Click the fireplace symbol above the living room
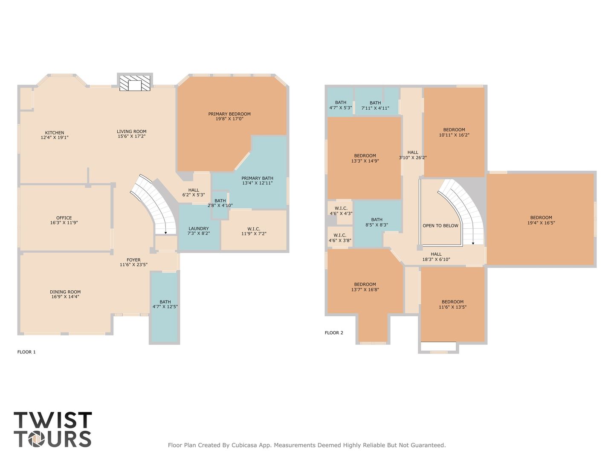[x=135, y=83]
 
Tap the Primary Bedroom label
[x=229, y=114]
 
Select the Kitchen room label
[x=55, y=133]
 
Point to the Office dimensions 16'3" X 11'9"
[x=64, y=223]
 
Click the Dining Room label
[x=65, y=292]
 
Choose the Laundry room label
[x=199, y=228]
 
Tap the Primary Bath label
[x=258, y=178]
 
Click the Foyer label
[x=133, y=260]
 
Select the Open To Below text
[x=440, y=226]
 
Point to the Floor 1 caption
[x=26, y=352]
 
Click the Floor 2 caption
[x=334, y=333]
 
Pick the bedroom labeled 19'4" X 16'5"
[x=541, y=220]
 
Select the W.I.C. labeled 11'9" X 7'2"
[x=254, y=231]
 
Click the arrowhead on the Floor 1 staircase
[x=165, y=233]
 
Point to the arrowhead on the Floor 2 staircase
[x=473, y=243]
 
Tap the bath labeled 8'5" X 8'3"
[x=377, y=222]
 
